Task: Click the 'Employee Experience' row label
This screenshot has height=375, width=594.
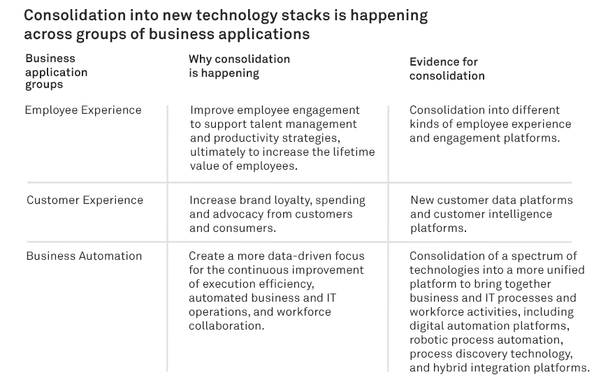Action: [x=83, y=110]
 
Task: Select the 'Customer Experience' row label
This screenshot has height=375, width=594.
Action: [x=85, y=200]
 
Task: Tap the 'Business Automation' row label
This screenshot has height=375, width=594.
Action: [x=84, y=256]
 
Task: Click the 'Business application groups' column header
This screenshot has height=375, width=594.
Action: [x=57, y=71]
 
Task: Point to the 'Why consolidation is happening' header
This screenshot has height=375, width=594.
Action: [x=240, y=66]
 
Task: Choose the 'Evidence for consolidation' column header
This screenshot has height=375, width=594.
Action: [x=447, y=68]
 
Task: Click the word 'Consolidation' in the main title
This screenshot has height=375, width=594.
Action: [x=75, y=15]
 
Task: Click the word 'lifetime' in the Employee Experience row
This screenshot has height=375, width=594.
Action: [x=354, y=152]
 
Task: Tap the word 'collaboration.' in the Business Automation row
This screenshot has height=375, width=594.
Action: [x=226, y=326]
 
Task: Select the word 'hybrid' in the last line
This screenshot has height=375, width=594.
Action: [x=450, y=368]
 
